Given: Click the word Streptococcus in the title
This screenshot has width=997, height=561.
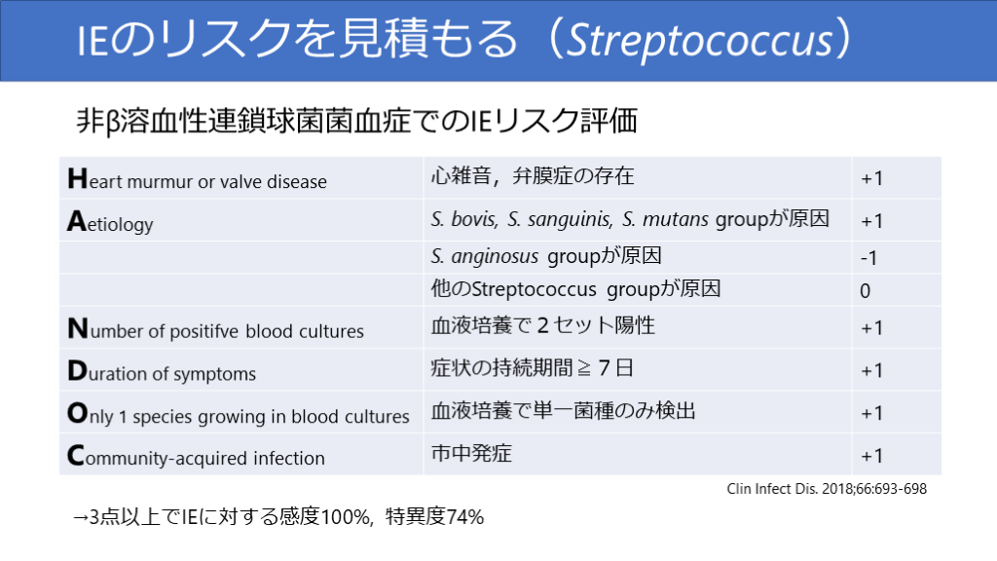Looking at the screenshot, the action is [x=699, y=39].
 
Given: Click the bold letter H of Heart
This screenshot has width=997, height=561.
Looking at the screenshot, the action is [x=77, y=179].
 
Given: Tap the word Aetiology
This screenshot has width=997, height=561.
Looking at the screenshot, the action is [x=110, y=223].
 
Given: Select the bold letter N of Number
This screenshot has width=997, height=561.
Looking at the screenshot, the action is [x=78, y=328].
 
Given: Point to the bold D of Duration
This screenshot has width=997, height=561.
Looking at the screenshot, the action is [x=77, y=371].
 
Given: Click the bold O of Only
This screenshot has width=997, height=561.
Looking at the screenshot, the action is [x=78, y=413].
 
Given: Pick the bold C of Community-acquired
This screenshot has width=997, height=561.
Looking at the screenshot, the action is [x=76, y=456].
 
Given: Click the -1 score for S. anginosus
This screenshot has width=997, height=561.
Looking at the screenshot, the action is [x=868, y=257].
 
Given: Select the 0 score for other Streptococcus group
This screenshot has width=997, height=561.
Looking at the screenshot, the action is [x=865, y=290].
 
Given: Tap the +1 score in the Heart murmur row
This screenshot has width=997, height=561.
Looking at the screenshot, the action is [x=871, y=178].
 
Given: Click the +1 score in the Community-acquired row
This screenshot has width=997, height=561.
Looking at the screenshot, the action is [x=871, y=456].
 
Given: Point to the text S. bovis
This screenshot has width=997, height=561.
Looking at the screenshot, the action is [x=463, y=219].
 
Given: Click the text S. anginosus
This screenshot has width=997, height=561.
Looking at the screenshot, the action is [x=485, y=256].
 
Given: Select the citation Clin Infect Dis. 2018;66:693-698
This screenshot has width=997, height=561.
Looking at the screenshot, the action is [x=827, y=489].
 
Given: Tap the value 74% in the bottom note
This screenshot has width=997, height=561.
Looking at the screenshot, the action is [x=465, y=516].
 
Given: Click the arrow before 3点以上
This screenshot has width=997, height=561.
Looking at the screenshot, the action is [x=80, y=517].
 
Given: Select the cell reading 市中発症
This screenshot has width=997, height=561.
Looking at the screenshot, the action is [x=471, y=453].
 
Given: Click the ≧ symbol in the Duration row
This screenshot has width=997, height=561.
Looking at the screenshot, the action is [x=584, y=368].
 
